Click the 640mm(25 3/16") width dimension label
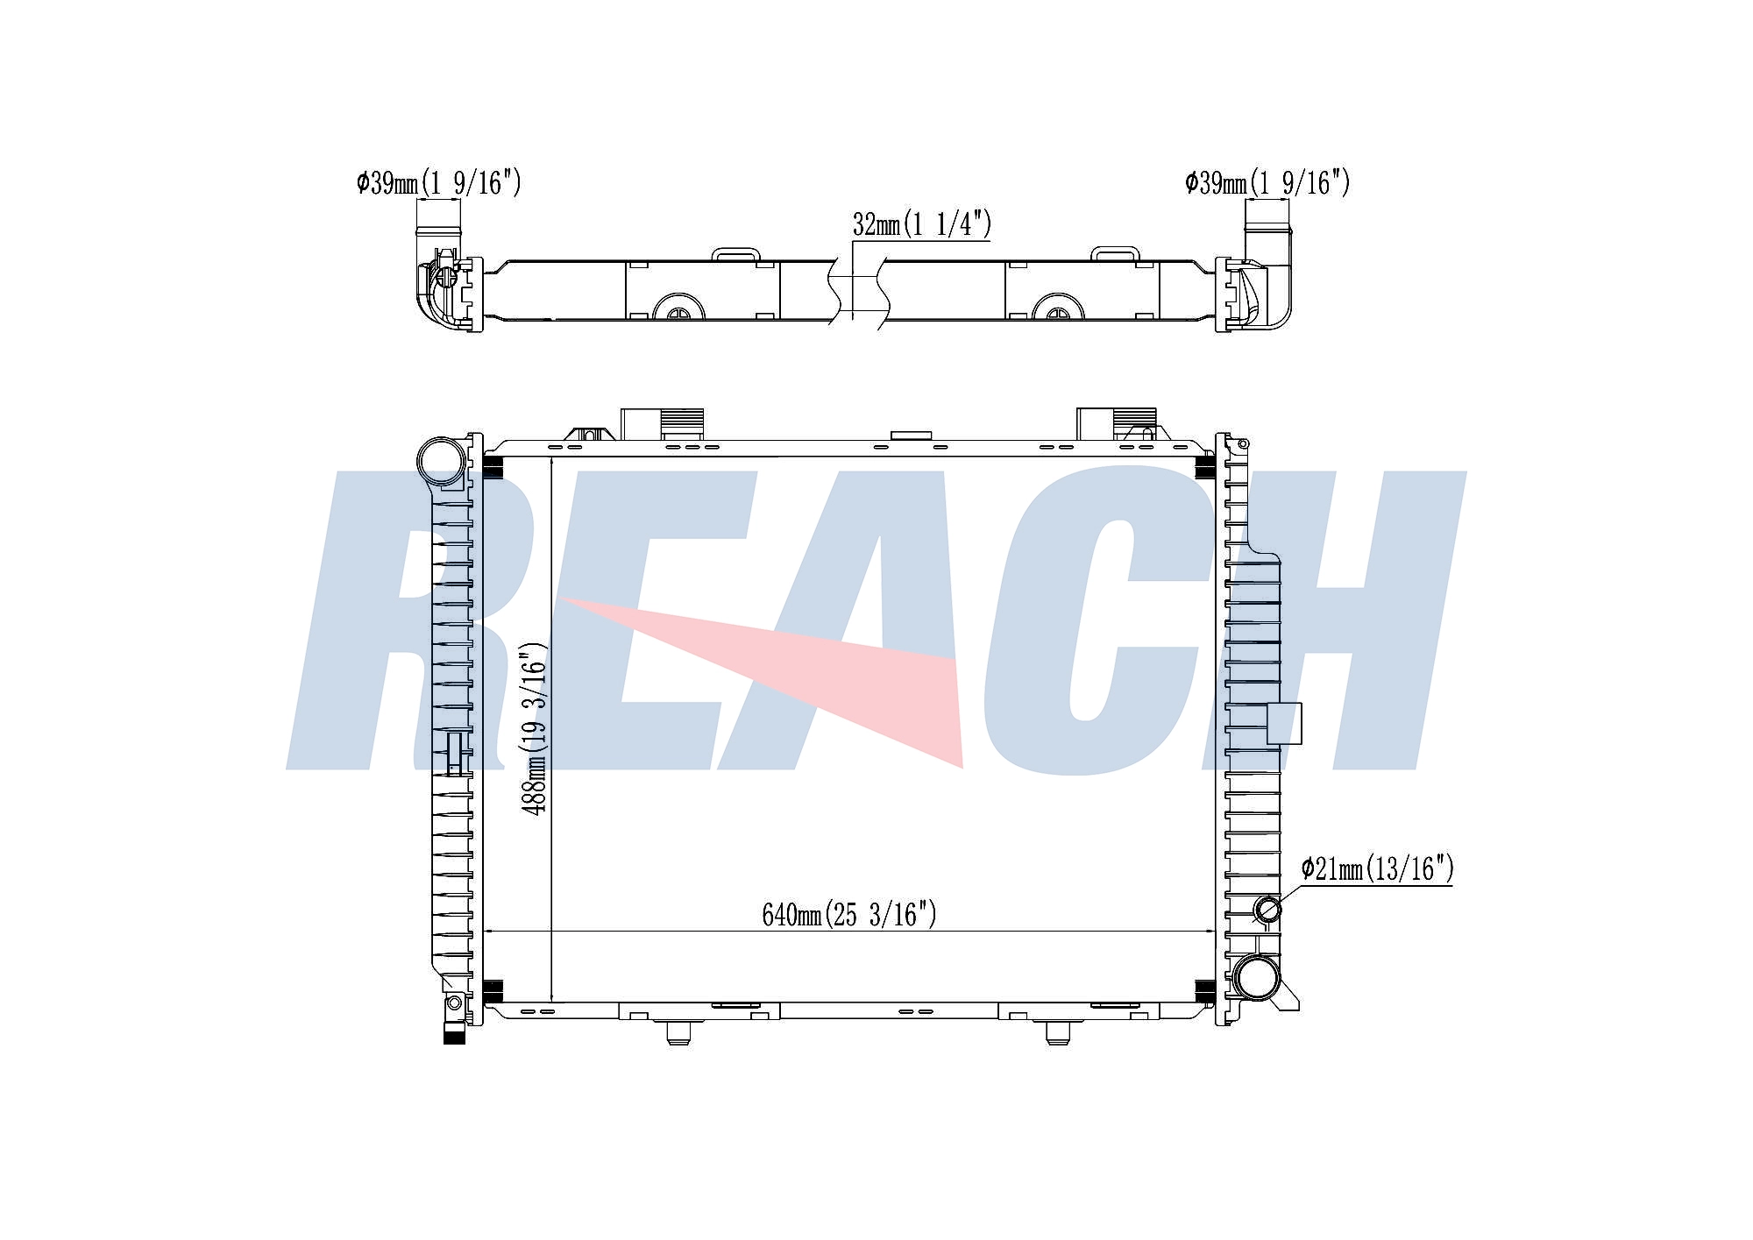coord(848,915)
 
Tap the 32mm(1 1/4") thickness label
coord(921,224)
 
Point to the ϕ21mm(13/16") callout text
coord(1377,868)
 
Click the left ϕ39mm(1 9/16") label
coord(438,182)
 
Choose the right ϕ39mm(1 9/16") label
coord(1267,182)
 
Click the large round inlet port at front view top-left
coord(441,460)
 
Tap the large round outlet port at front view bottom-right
coord(1256,978)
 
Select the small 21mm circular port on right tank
coord(1267,910)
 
